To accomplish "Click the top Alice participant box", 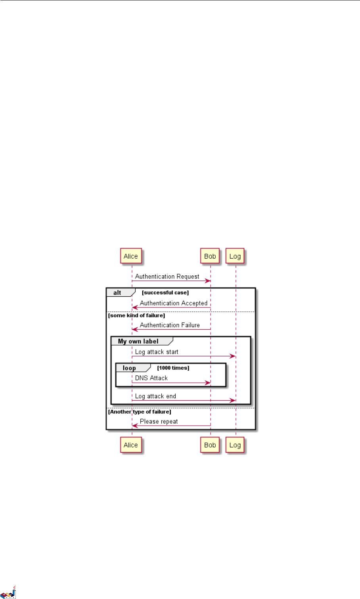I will pos(131,256).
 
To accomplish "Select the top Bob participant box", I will pos(210,256).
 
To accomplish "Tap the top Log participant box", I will pos(235,256).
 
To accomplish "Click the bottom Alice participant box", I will pos(131,445).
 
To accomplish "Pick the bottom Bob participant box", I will pos(210,445).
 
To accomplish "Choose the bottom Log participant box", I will pos(235,445).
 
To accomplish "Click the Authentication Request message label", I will pos(167,276).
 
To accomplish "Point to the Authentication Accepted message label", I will pos(174,303).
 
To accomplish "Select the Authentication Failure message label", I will pos(170,325).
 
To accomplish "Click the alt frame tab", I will pos(118,293).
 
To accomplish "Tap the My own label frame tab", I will pos(138,341).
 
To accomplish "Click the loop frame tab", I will pos(129,368).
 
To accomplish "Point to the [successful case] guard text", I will pos(165,293).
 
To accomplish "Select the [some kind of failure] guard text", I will pos(136,315).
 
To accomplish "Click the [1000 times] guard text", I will pos(173,368).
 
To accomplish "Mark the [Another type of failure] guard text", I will pos(140,412).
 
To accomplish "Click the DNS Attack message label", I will pos(151,378).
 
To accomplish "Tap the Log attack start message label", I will pos(157,352).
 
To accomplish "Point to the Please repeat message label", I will pos(159,421).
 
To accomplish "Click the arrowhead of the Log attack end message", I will pos(233,401).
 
